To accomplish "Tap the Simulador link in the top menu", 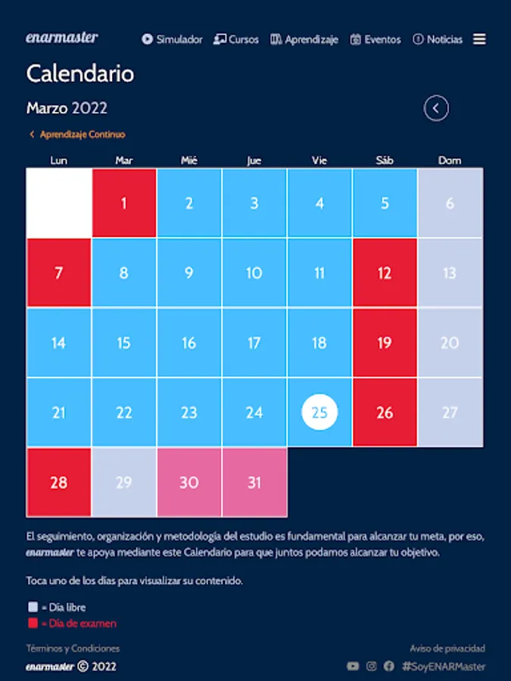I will [172, 39].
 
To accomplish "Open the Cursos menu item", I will [236, 39].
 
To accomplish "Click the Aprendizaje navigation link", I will [304, 39].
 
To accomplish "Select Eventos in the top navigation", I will [375, 39].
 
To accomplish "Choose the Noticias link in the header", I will [438, 39].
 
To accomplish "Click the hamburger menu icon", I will [479, 39].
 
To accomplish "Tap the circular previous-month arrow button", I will [436, 108].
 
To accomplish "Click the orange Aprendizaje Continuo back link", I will [77, 135].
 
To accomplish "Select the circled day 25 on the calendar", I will [319, 412].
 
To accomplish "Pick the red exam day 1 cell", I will [124, 203].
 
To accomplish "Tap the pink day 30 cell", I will [189, 482].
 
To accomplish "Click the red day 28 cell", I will [59, 482].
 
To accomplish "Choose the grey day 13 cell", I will [450, 273].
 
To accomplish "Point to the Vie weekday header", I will [319, 160].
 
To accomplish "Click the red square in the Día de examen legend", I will [32, 623].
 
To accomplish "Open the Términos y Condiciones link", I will [73, 648].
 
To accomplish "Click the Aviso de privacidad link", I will [447, 648].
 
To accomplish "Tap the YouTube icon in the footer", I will [353, 667].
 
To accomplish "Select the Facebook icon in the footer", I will [389, 667].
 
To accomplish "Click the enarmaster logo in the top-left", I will [62, 37].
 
